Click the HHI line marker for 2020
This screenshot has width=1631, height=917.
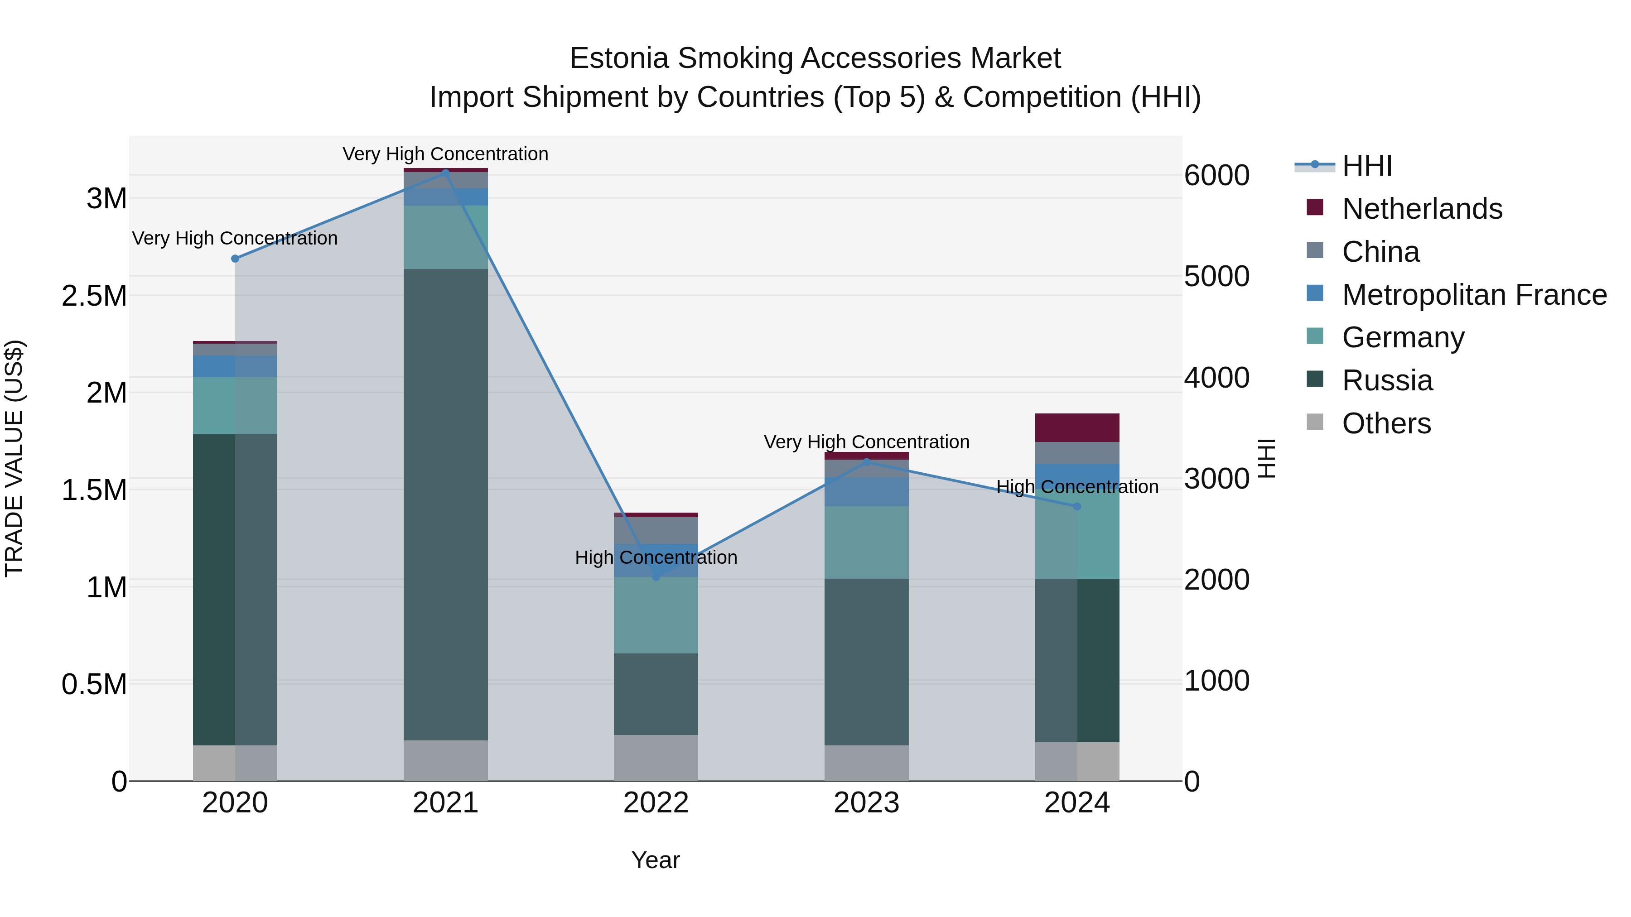coord(235,259)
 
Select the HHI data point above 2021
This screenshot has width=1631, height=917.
coord(446,172)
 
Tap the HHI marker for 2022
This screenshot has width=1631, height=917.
coord(656,577)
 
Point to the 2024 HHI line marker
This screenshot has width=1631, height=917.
coord(1077,506)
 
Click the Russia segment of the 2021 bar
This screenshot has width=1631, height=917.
coord(446,504)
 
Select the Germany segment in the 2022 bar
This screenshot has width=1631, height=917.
coord(656,615)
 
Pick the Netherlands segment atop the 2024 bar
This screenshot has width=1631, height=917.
coord(1077,428)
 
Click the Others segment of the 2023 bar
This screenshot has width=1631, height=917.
coord(866,763)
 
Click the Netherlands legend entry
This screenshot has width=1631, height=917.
coord(1421,209)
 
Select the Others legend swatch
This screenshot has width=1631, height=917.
coord(1315,422)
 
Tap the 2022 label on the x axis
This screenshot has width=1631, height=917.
coord(656,803)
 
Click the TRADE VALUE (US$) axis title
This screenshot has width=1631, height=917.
coord(14,458)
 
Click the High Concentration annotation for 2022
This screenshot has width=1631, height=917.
coord(656,557)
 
